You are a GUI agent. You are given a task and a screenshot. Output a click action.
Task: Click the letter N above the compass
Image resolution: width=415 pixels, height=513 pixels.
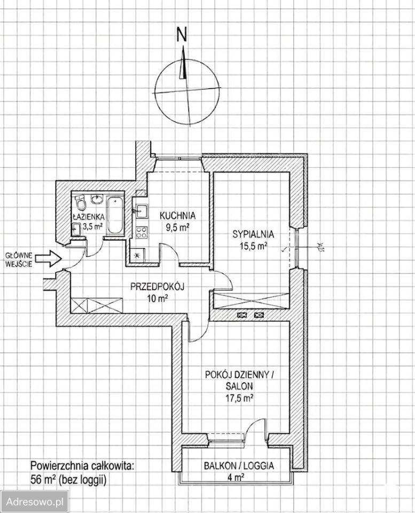click(182, 34)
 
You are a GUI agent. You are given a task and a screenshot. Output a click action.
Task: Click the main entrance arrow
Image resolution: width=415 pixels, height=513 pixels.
click(49, 259)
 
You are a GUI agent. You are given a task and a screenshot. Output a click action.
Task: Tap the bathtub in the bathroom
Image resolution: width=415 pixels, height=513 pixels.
click(115, 215)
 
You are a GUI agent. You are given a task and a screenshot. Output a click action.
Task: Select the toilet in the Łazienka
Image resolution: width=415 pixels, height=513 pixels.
click(80, 201)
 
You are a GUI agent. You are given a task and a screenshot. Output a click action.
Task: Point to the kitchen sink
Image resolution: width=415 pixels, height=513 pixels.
click(141, 211)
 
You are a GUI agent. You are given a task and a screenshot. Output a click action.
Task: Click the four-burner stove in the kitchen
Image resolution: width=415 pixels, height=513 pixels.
click(141, 232)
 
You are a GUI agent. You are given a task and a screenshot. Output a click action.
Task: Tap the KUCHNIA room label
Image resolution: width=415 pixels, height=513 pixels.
click(177, 215)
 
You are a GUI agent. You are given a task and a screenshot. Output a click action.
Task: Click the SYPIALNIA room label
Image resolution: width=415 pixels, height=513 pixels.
click(253, 234)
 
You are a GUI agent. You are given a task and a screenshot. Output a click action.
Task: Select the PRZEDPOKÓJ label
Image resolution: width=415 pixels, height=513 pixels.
click(158, 287)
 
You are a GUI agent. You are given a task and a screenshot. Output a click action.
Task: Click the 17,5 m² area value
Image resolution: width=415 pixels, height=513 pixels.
click(240, 398)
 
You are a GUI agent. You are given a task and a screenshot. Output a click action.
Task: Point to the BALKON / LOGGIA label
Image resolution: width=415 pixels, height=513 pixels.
click(239, 465)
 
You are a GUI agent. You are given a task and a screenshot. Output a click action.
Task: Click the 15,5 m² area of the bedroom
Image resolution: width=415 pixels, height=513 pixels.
click(254, 246)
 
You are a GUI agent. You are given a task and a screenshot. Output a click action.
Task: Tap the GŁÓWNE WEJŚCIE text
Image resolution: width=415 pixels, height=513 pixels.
click(19, 260)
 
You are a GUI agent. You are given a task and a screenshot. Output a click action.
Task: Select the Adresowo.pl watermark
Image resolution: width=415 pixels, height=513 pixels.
click(35, 502)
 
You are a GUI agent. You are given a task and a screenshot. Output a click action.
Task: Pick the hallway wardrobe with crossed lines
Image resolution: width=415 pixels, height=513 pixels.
click(97, 305)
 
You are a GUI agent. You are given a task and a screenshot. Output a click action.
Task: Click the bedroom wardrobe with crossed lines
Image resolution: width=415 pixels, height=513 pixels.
click(251, 301)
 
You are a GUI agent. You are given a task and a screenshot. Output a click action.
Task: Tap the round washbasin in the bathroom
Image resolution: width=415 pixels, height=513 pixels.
click(97, 199)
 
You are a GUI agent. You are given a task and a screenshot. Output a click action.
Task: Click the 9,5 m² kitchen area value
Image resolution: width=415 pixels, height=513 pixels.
click(177, 228)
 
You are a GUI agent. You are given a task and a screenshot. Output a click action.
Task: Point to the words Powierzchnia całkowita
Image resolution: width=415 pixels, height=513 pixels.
click(82, 465)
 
